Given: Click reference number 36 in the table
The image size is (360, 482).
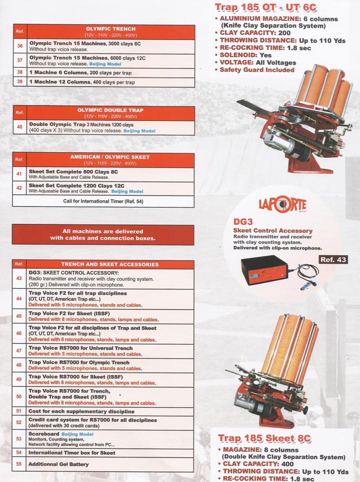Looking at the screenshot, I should click(19, 45).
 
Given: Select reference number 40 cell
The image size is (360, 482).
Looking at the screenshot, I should click(19, 127).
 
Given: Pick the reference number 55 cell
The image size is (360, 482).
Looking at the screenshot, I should click(19, 464).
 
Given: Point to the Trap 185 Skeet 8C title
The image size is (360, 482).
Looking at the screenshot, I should click(265, 439).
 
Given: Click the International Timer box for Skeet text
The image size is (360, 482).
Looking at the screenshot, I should click(72, 453).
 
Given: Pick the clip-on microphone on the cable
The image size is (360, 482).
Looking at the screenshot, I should click(304, 287).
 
